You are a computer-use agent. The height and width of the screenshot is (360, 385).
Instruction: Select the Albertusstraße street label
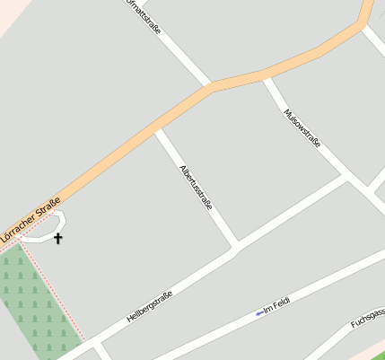point(197,187)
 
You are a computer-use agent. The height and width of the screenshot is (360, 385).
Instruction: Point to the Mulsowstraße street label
point(302,128)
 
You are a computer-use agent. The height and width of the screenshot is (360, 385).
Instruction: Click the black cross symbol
point(58,238)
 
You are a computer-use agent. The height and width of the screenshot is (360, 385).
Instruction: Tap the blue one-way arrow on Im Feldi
point(258,312)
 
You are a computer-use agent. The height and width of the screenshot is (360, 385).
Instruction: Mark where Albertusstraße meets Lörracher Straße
point(158,129)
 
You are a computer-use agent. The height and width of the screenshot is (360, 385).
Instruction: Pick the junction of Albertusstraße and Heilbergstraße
point(236,247)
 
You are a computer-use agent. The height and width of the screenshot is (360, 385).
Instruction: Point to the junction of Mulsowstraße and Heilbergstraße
point(349,178)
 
